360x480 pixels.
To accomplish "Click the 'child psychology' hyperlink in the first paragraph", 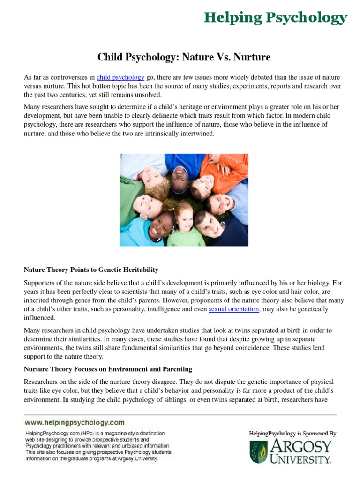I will click(x=120, y=77).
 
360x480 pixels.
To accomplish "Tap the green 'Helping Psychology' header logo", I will click(x=276, y=18).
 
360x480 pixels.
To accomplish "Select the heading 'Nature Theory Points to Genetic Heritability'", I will click(x=91, y=270).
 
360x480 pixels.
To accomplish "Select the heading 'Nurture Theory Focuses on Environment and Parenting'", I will click(x=108, y=369).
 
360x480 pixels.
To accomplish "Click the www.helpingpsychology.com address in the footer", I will click(x=75, y=422).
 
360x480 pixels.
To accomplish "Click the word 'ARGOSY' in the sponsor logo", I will click(x=300, y=446).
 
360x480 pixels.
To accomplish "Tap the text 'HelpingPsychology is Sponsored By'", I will click(x=292, y=434).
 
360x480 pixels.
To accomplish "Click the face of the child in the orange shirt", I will click(x=203, y=187).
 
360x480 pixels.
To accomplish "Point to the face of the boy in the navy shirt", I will click(x=209, y=224).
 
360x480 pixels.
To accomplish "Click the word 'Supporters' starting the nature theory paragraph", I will click(x=41, y=283).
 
